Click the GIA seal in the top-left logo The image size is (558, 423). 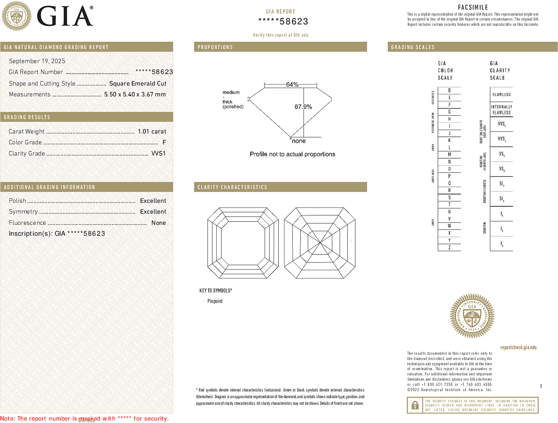point(17,16)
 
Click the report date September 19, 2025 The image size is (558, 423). point(37,61)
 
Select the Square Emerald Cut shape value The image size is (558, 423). point(138,84)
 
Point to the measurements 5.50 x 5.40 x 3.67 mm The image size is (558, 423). point(135,95)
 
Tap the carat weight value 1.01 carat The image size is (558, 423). point(152,131)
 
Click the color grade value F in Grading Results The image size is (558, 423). point(164,142)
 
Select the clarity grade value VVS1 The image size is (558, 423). point(158,153)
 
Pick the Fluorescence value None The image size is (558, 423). point(158,223)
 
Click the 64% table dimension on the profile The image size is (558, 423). point(292,84)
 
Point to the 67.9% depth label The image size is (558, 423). point(303,107)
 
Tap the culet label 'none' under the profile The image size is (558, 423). point(299,141)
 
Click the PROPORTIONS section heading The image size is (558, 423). point(215,47)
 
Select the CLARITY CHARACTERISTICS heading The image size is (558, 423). point(232,187)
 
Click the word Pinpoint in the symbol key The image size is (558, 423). point(215,301)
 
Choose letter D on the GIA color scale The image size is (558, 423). point(449,90)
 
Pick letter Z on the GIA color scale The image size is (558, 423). point(449,247)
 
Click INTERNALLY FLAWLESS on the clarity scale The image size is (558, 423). point(501,110)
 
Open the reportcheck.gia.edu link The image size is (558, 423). point(518,347)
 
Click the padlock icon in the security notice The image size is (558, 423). point(415,405)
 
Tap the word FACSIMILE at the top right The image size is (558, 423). point(473,7)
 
